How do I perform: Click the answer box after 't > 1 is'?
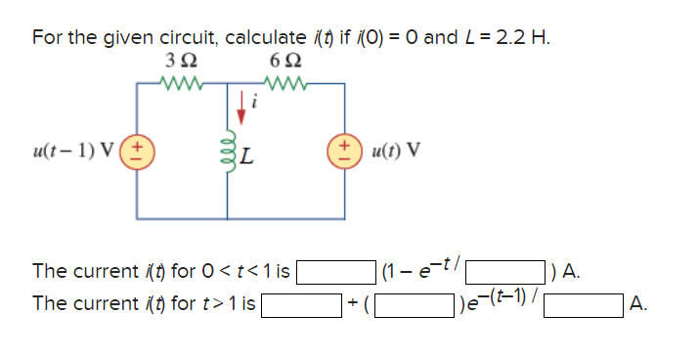click(x=299, y=305)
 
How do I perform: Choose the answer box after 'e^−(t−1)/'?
click(x=584, y=305)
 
